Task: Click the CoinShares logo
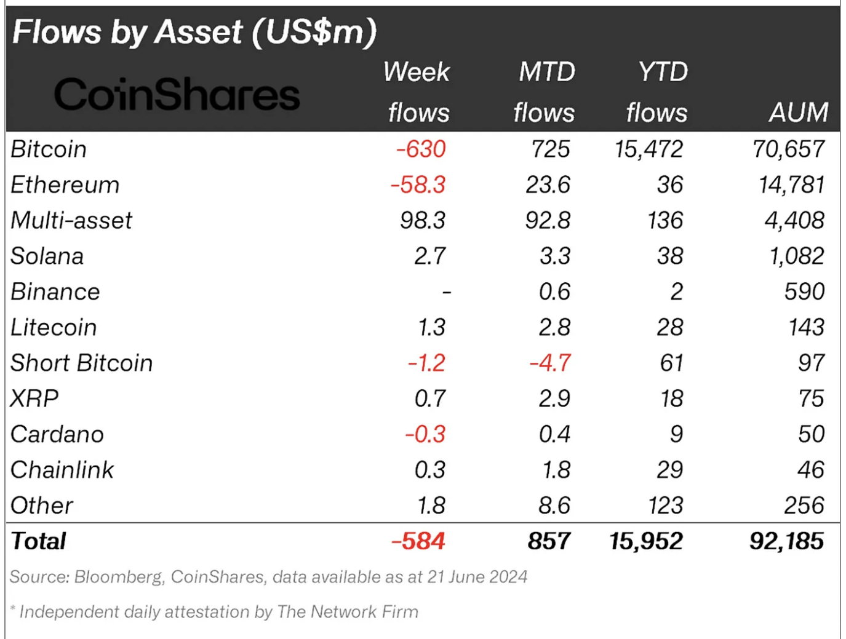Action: coord(177,95)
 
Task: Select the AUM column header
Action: coord(798,113)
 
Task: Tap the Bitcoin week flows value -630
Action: coord(421,149)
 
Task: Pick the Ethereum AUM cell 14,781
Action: coord(791,185)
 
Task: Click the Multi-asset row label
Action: coord(71,221)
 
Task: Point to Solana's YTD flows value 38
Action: coord(669,256)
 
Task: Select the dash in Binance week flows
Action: coord(447,292)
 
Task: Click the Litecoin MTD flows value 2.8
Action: coord(554,327)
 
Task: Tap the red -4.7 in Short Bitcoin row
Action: coord(550,363)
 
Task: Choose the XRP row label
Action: coord(34,399)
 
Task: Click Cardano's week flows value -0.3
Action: coord(425,434)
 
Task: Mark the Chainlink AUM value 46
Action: coord(810,470)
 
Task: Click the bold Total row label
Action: coord(38,541)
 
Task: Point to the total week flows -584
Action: coord(418,541)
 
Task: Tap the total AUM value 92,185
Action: coord(786,541)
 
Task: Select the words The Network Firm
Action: coord(348,612)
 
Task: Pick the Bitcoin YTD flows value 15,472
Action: coord(648,149)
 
